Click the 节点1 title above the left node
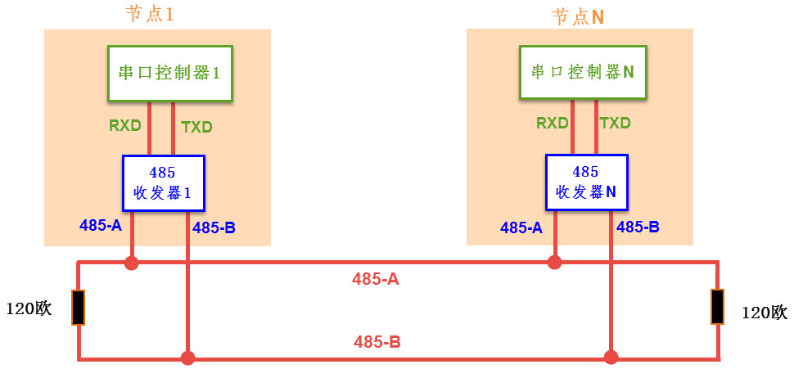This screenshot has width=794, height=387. tap(150, 16)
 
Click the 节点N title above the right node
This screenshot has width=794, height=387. tap(578, 16)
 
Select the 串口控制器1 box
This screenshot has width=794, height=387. tap(170, 73)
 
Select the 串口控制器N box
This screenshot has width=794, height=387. tap(582, 73)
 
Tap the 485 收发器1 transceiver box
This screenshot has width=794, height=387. tap(162, 184)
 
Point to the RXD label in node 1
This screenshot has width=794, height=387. tap(125, 126)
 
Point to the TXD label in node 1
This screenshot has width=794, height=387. tap(196, 127)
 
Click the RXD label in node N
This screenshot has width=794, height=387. tap(553, 124)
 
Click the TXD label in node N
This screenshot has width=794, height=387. tap(615, 124)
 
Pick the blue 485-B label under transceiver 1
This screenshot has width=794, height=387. tap(214, 228)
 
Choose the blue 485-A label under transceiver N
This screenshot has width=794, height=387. tap(521, 228)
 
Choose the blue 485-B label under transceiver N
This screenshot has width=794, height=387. tap(638, 227)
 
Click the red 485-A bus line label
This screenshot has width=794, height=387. tap(376, 279)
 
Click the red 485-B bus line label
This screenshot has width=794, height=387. tap(377, 342)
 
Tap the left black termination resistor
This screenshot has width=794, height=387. tap(79, 308)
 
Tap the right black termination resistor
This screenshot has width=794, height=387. tap(717, 307)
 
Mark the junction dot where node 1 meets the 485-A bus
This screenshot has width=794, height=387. tap(131, 263)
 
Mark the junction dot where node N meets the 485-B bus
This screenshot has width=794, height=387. tap(611, 358)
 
